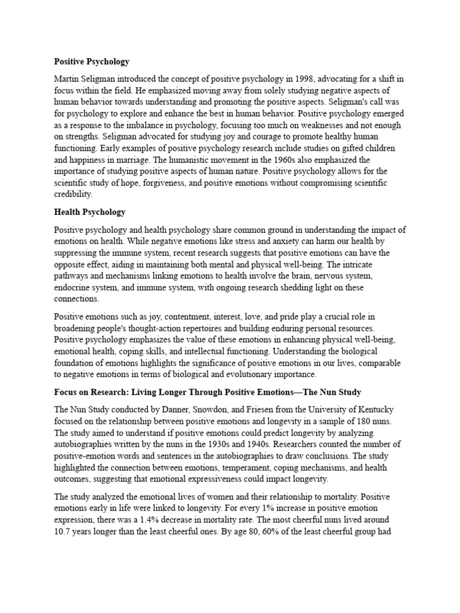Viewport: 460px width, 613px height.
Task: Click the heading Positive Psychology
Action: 92,61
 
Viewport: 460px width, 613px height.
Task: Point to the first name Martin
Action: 68,78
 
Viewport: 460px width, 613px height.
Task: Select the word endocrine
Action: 73,287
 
